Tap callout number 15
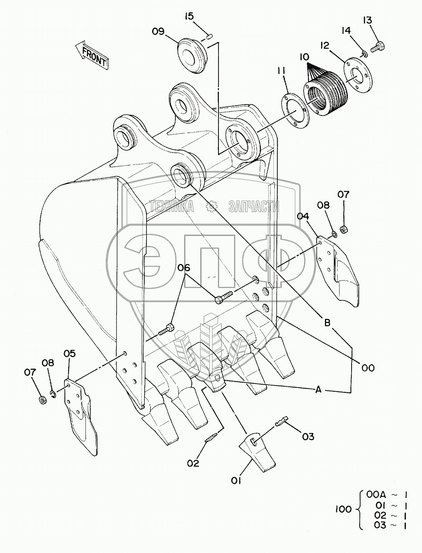189,16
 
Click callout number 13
368,20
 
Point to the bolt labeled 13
379,47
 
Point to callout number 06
184,268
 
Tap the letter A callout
318,390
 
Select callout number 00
368,368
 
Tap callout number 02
193,463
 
